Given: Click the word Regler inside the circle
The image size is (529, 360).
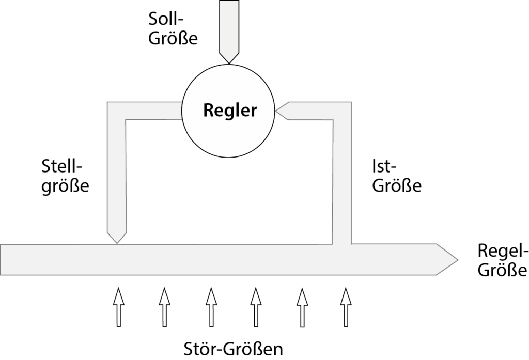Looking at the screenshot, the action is [x=230, y=111].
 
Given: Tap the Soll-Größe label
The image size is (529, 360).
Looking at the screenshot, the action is [x=173, y=29].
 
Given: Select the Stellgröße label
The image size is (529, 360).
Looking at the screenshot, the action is [x=65, y=177].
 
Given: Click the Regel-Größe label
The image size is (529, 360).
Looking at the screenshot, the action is [x=502, y=260].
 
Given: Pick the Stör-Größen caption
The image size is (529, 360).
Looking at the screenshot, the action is [x=233, y=349].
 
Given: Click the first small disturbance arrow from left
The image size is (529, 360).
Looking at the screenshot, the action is [x=118, y=307].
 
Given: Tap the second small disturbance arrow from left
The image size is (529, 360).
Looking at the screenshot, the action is [x=164, y=307].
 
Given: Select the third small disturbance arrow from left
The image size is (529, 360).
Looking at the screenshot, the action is [x=211, y=307].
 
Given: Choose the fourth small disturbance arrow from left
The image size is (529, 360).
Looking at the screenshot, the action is [x=256, y=307].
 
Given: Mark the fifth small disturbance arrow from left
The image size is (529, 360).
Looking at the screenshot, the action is [x=302, y=307].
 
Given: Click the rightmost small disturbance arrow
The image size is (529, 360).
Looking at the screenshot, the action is [x=346, y=307].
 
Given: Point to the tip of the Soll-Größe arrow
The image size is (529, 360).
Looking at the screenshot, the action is [x=229, y=63].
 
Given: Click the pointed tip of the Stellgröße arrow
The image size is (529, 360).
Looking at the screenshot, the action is [x=117, y=243].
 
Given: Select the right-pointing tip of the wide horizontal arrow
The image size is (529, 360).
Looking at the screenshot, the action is [x=458, y=259].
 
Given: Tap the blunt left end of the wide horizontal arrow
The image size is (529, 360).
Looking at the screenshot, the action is [x=1, y=259].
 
